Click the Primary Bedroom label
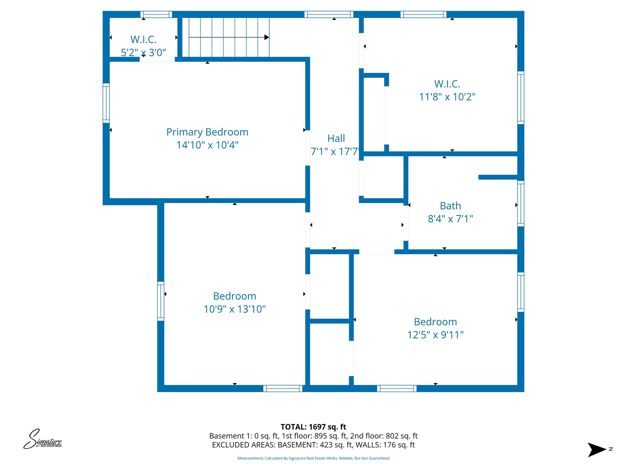click(x=207, y=132)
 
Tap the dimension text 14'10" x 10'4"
click(x=207, y=145)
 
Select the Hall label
click(x=336, y=139)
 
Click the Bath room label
click(x=450, y=206)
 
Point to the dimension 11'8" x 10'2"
click(x=447, y=97)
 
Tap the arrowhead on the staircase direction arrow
click(x=267, y=37)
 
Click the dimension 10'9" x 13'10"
click(x=235, y=309)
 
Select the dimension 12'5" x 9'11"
click(x=435, y=335)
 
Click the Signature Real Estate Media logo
click(x=43, y=439)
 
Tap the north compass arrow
click(x=597, y=450)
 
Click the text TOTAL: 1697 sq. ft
click(x=313, y=427)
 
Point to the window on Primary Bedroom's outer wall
click(x=106, y=103)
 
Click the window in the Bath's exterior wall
click(x=520, y=204)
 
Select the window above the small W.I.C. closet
click(x=156, y=14)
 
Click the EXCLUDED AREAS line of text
click(x=313, y=445)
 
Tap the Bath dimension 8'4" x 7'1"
click(x=450, y=219)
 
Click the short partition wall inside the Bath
click(x=498, y=177)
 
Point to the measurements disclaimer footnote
click(x=313, y=458)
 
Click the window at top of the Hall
click(x=329, y=14)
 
